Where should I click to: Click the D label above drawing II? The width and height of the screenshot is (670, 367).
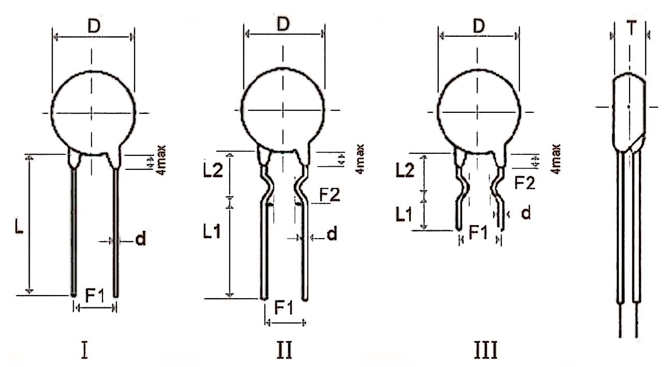(283, 24)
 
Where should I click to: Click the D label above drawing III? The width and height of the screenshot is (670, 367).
(479, 26)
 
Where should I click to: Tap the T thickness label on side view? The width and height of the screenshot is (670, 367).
(631, 28)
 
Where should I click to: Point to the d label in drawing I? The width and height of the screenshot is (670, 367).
(141, 239)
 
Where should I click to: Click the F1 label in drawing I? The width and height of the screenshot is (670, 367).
(95, 296)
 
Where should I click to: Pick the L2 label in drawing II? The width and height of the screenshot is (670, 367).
(213, 170)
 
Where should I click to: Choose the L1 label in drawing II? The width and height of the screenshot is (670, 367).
(212, 231)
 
